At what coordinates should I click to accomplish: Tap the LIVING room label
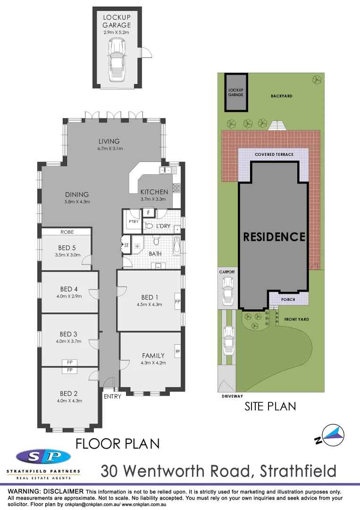pyautogui.click(x=109, y=141)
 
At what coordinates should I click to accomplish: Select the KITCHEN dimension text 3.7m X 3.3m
pyautogui.click(x=154, y=199)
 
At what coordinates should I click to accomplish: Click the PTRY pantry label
pyautogui.click(x=133, y=221)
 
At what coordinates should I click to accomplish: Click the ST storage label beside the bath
pyautogui.click(x=126, y=246)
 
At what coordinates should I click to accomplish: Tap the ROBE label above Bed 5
pyautogui.click(x=66, y=232)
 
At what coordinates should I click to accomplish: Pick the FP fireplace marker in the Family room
pyautogui.click(x=178, y=352)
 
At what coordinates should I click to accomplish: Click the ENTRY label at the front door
pyautogui.click(x=112, y=397)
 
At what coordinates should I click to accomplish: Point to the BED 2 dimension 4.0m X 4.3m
pyautogui.click(x=69, y=401)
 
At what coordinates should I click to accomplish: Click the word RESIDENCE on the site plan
pyautogui.click(x=274, y=236)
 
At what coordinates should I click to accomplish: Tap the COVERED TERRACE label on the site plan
pyautogui.click(x=274, y=155)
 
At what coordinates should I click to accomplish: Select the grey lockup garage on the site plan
pyautogui.click(x=235, y=92)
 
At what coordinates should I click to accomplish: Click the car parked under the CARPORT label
pyautogui.click(x=228, y=290)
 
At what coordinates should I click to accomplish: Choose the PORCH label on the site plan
pyautogui.click(x=288, y=299)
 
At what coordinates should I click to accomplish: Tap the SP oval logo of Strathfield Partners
pyautogui.click(x=43, y=457)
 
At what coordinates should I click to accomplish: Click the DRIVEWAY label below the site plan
pyautogui.click(x=232, y=397)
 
